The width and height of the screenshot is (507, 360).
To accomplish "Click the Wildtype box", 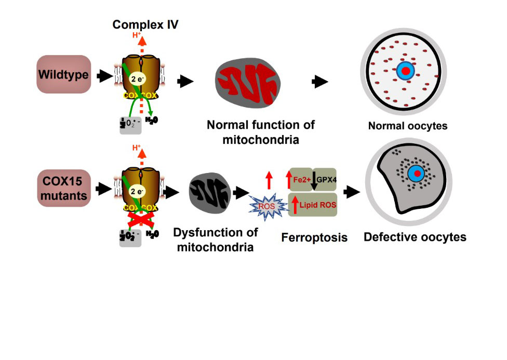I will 64,75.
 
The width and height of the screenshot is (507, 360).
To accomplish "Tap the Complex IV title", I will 146,24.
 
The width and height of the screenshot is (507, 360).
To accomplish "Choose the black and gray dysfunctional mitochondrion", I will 207,192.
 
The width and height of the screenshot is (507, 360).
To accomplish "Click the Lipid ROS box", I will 313,205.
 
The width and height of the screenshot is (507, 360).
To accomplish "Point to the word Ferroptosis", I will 314,238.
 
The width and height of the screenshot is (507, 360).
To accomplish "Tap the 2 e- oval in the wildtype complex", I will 137,78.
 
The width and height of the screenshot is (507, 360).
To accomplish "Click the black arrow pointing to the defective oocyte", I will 353,191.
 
